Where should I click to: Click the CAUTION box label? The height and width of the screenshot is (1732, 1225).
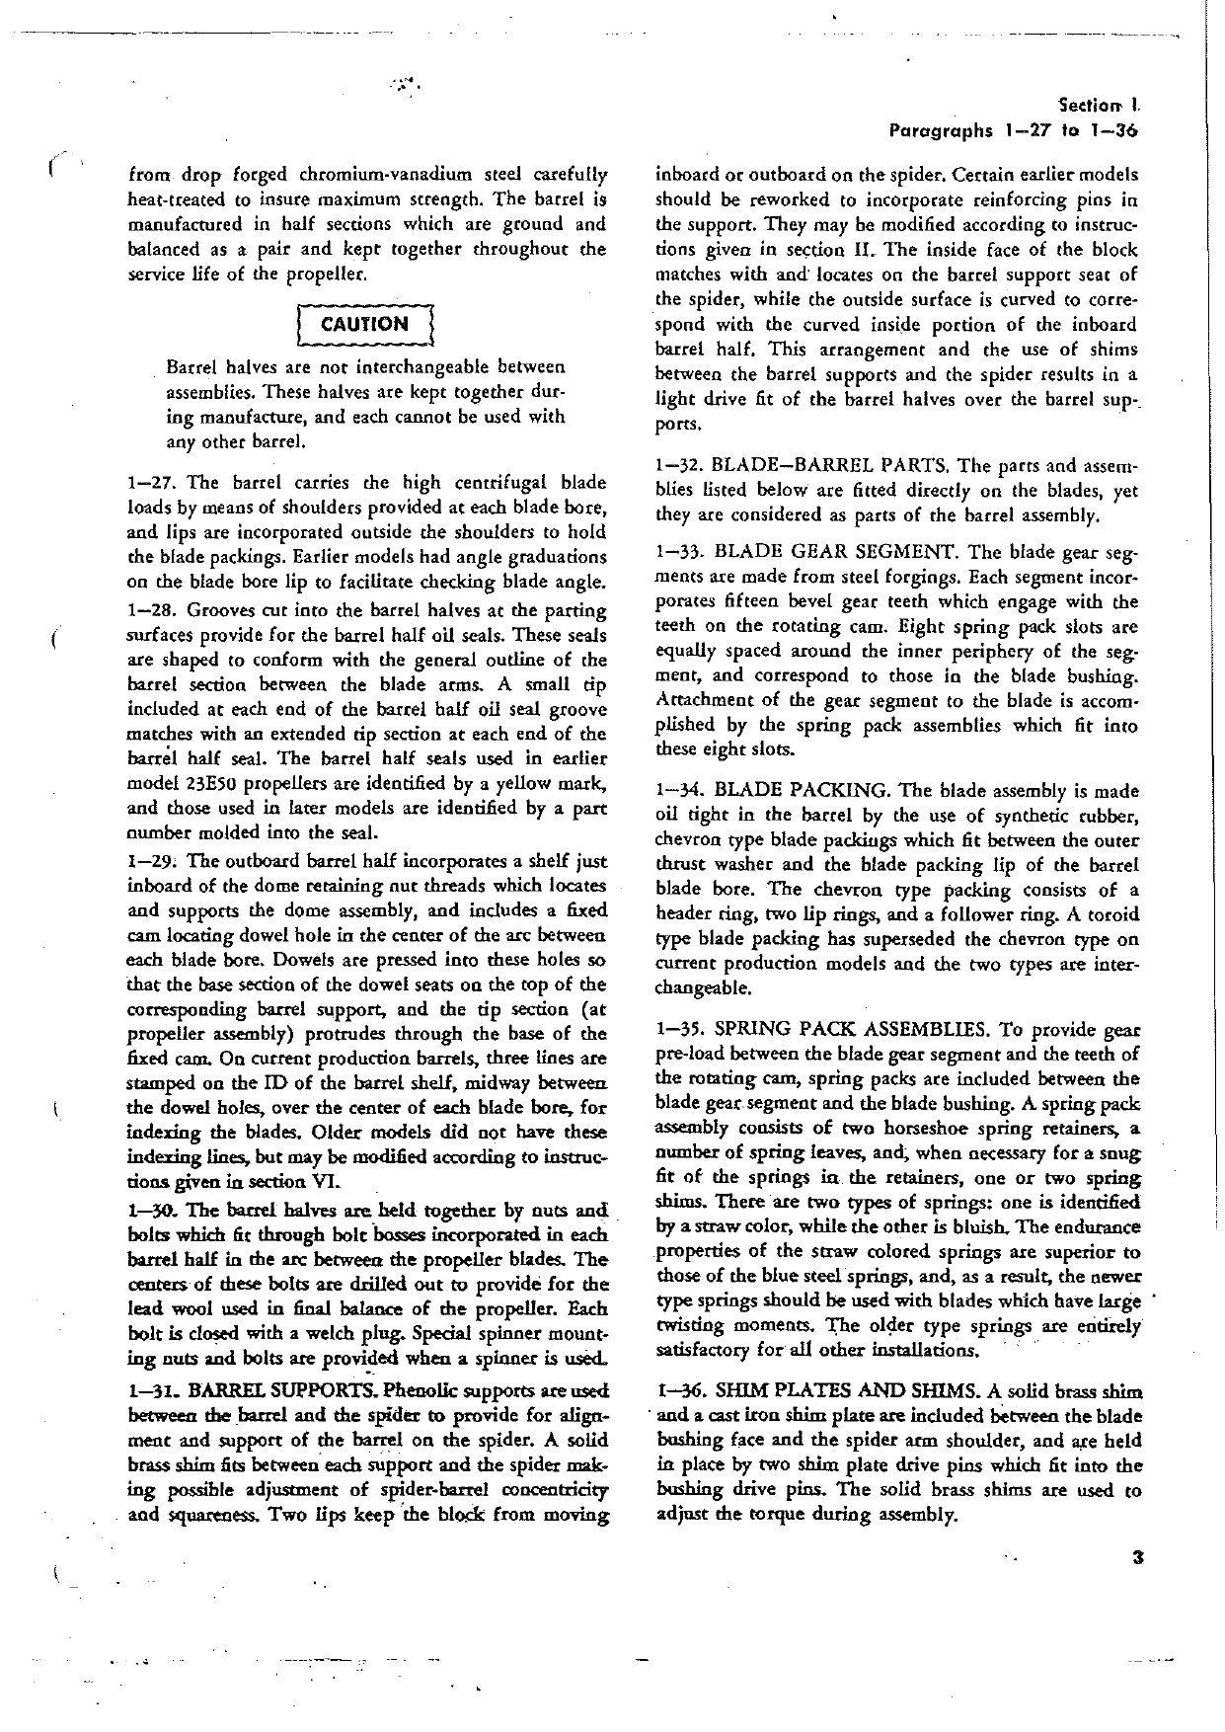(x=367, y=324)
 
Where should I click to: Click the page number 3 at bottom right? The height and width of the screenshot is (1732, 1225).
(x=1138, y=1560)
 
